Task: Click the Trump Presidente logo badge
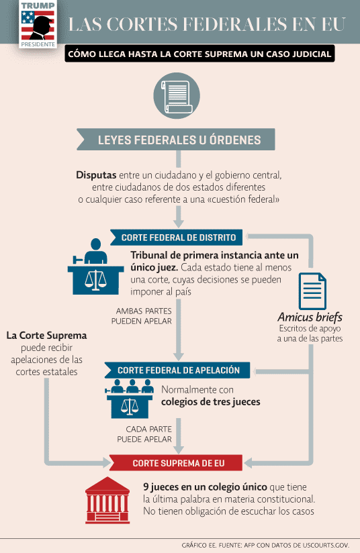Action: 38,24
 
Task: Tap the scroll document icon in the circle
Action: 177,96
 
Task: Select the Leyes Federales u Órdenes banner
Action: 176,140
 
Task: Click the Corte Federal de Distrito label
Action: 177,238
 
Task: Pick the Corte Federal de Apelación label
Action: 177,370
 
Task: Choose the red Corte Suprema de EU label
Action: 176,462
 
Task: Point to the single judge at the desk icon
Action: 95,266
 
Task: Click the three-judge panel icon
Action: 130,399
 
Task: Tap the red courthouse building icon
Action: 107,500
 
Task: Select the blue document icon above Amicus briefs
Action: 312,291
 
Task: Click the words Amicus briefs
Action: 310,317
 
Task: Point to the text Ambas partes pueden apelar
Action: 142,316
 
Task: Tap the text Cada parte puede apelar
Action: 144,434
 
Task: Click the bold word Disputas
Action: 96,175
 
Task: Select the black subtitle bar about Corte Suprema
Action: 199,54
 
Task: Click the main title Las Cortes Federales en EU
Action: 207,24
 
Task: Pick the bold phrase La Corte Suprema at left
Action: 46,335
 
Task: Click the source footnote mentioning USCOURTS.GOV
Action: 265,545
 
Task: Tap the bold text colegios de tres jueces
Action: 211,402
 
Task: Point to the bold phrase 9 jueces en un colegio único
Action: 205,487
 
